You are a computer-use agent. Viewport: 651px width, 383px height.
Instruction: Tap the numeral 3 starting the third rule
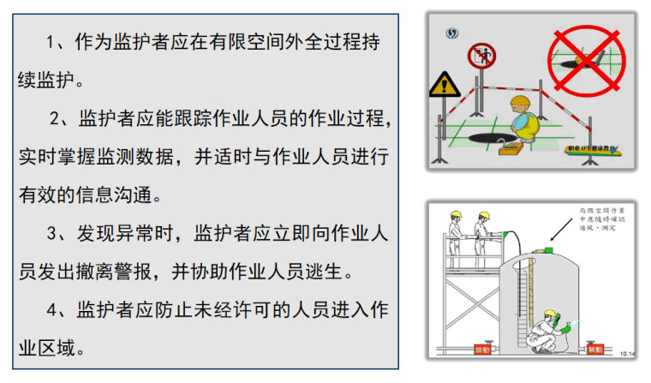click(x=53, y=233)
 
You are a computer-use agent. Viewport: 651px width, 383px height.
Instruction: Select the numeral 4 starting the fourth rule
click(x=53, y=310)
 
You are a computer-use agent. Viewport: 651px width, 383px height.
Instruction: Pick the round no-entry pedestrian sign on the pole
click(x=481, y=57)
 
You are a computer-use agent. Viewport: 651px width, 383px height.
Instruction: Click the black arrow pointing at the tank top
click(x=561, y=230)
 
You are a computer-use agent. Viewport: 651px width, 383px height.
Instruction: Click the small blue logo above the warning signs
click(x=453, y=33)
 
